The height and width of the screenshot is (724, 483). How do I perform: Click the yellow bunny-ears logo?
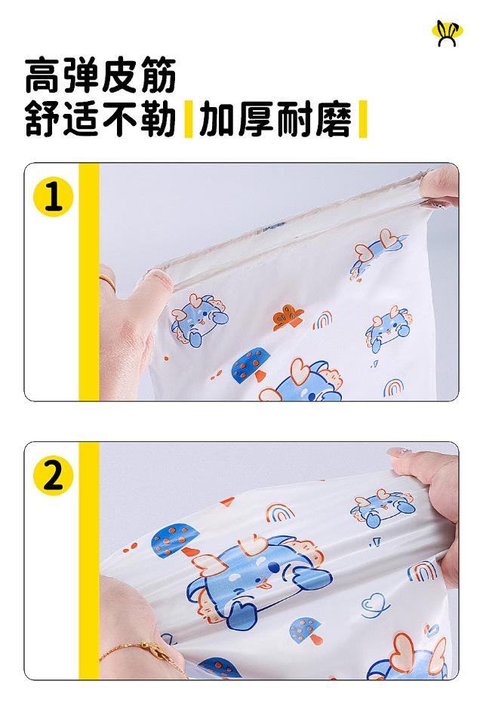coord(447,32)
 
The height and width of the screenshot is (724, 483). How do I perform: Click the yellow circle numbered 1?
coord(53,197)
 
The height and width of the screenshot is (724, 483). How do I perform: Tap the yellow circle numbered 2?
coord(53,476)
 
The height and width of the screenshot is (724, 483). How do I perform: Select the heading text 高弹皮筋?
coord(100,75)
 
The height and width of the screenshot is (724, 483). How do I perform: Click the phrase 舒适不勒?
coord(100,119)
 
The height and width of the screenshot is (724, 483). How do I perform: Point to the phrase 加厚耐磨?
coord(275,119)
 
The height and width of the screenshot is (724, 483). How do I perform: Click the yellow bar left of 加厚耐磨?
coord(188,119)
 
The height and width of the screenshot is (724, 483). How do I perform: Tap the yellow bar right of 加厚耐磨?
coord(363,119)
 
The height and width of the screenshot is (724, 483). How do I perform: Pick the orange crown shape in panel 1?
coord(288,317)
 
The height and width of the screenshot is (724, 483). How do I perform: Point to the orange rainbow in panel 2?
coord(280,511)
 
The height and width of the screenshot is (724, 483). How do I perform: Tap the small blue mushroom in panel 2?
coord(306,629)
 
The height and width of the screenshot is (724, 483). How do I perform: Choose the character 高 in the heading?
coord(44,75)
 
